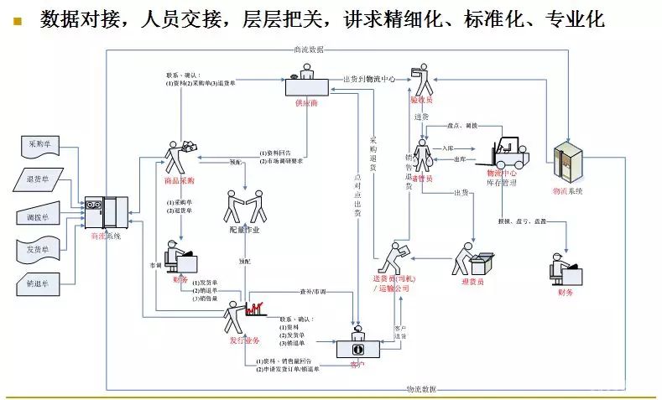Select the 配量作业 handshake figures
[x=244, y=206]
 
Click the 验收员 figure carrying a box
[x=420, y=81]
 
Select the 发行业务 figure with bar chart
[x=242, y=317]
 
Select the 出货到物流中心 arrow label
[x=368, y=79]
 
